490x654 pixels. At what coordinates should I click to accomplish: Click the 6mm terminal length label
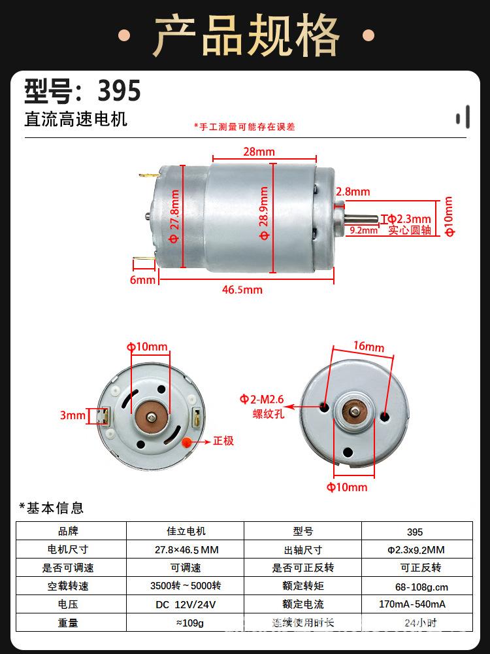pos(142,279)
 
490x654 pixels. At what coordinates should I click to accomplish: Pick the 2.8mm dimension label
pos(353,192)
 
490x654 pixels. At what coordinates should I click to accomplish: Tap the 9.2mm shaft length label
pos(364,230)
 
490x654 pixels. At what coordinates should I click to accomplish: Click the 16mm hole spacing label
pos(369,347)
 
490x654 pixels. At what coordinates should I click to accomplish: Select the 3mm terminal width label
pos(73,415)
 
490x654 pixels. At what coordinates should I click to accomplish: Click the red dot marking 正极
pos(188,441)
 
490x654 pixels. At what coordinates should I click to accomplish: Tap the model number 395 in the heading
pos(119,91)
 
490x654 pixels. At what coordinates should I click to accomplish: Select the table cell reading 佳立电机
pos(186,531)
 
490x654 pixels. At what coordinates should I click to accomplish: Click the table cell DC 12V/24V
pos(186,604)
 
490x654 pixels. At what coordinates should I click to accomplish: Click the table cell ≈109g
pos(186,623)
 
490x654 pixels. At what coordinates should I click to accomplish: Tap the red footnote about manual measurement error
pos(244,127)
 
